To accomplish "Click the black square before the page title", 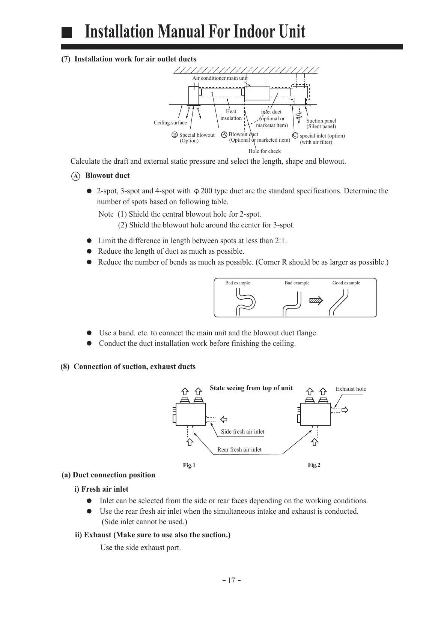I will click(x=67, y=33).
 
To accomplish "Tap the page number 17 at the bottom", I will click(x=231, y=580).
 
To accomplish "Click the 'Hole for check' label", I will click(x=265, y=151).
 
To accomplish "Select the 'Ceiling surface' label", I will click(x=170, y=123).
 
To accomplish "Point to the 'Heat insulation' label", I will click(x=231, y=115).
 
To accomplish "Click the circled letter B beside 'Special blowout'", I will click(x=175, y=135).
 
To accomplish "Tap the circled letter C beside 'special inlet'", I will click(x=295, y=136).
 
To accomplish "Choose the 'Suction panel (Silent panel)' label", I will click(x=321, y=124).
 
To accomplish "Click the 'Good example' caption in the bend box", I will click(x=346, y=283).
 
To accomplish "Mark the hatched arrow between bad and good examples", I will click(x=316, y=300).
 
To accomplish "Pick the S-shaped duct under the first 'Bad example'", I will click(x=245, y=302).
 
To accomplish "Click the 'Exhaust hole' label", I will click(x=351, y=389).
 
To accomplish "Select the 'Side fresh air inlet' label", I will click(x=242, y=432).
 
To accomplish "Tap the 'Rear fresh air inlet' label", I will click(x=239, y=450).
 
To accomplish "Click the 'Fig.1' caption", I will click(x=189, y=465).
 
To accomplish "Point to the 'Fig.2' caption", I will click(x=314, y=465).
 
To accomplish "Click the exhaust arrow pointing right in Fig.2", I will click(x=345, y=410).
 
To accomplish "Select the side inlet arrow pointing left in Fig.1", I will click(x=224, y=419).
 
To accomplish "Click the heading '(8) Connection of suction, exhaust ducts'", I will click(x=128, y=367).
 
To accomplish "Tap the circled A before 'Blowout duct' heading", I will click(x=75, y=176).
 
